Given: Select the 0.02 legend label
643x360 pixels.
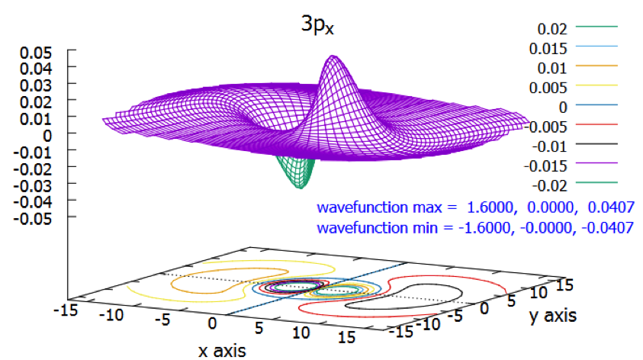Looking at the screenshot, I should pyautogui.click(x=552, y=30).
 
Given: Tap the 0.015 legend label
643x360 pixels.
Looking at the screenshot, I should pyautogui.click(x=548, y=49).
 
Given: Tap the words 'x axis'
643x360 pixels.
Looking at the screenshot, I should pyautogui.click(x=222, y=350).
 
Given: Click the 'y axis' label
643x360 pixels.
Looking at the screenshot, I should pyautogui.click(x=553, y=315).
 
